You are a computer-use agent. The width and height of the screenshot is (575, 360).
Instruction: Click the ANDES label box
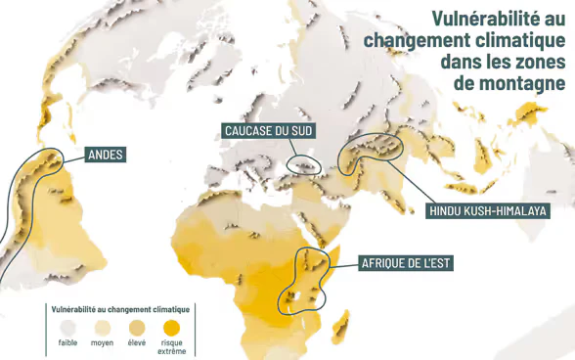107,155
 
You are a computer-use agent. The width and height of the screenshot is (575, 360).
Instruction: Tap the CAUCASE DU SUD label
268,131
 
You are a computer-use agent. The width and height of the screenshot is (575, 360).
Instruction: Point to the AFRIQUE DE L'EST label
406,263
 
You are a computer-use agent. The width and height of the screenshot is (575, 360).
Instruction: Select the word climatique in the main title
517,39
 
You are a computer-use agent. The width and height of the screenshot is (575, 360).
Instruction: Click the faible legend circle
66,327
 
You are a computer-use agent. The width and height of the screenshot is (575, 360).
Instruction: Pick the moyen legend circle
102,327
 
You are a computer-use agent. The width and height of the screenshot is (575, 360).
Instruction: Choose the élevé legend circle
137,327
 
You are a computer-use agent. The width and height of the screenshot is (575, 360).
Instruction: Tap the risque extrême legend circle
171,327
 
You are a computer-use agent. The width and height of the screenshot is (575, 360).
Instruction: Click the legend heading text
119,309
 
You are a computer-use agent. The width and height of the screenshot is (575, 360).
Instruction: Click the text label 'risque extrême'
171,346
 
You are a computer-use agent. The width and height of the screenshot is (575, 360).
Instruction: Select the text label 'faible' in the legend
67,342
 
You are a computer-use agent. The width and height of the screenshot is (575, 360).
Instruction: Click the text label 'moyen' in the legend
102,342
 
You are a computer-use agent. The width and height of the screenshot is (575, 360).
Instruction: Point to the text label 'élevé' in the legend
137,342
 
